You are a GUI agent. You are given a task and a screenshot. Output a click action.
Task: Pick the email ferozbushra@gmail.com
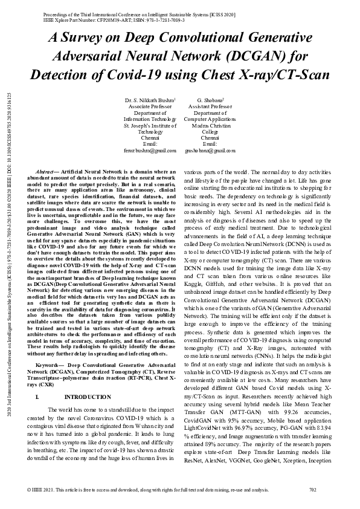150,149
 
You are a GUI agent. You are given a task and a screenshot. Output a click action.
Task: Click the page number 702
312,489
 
